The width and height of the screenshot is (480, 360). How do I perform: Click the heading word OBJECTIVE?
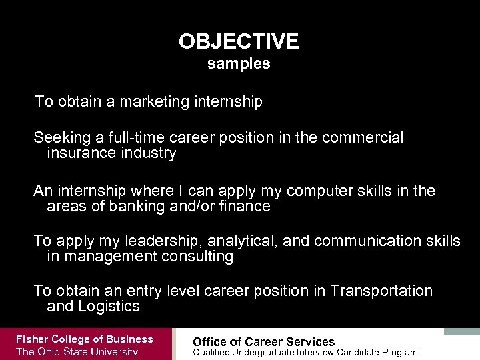pyautogui.click(x=239, y=42)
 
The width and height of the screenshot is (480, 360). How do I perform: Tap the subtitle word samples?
pyautogui.click(x=239, y=64)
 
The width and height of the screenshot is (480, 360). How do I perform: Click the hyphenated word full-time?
pyautogui.click(x=135, y=138)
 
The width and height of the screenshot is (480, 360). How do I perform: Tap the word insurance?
pyautogui.click(x=77, y=154)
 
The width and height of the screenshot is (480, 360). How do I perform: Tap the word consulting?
pyautogui.click(x=197, y=257)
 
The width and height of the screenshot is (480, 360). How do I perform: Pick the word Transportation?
pyautogui.click(x=381, y=291)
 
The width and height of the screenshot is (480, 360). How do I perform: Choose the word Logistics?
pyautogui.click(x=109, y=307)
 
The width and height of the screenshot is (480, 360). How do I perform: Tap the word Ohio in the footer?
pyautogui.click(x=51, y=352)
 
